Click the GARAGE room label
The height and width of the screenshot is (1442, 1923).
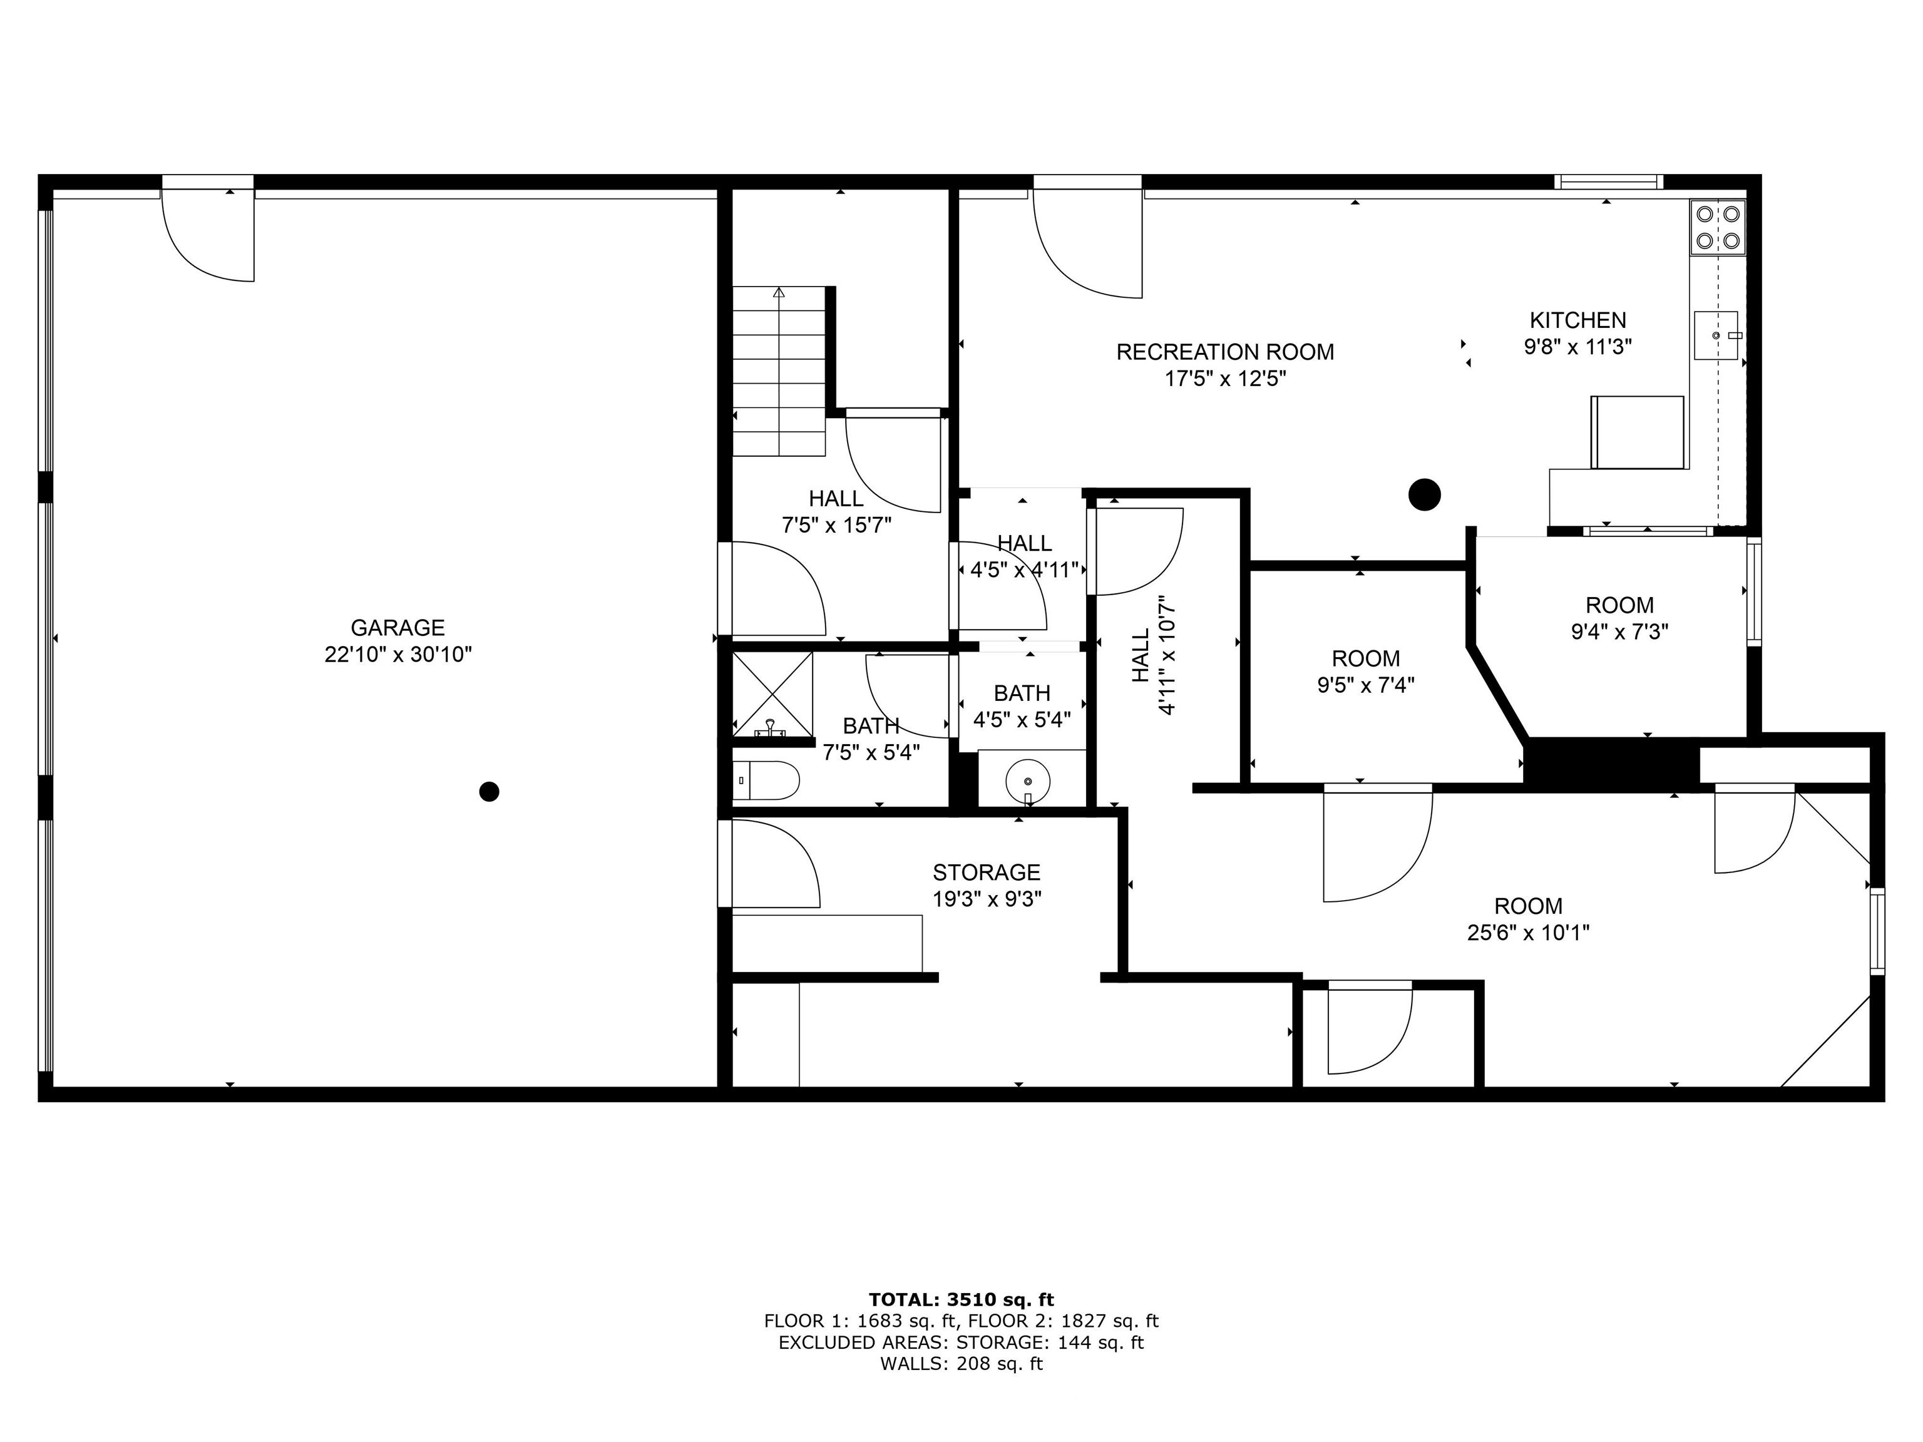pos(397,628)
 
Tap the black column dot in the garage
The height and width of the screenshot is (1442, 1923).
pos(490,792)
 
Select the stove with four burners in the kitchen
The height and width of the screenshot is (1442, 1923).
pos(1718,228)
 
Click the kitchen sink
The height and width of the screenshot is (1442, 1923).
pos(1716,335)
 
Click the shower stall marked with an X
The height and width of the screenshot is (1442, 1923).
pos(772,693)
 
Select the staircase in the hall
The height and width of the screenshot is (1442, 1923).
pos(779,371)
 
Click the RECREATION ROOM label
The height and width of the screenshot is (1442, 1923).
pos(1225,352)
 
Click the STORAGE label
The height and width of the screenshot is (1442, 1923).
pos(987,872)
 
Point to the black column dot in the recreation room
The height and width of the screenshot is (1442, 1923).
pos(1424,496)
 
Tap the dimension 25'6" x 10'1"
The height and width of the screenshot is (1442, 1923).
pos(1528,933)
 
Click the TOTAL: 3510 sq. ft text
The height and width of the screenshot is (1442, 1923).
pos(961,1299)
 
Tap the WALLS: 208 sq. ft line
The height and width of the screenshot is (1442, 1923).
pos(961,1364)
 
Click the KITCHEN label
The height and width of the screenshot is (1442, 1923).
pos(1578,320)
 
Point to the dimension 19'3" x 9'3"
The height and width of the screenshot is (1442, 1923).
pos(987,899)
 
